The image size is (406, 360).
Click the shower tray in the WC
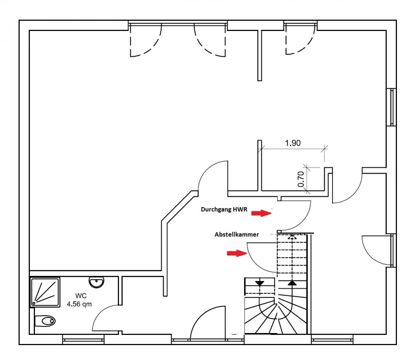[45, 291]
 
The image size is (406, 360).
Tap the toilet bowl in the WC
[46, 321]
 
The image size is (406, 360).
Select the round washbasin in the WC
[96, 282]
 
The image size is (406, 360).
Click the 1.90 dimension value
[293, 143]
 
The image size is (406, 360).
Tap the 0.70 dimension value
[301, 179]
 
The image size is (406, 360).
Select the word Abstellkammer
[237, 235]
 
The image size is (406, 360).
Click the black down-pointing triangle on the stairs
[260, 283]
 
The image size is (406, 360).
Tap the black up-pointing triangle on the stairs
[292, 282]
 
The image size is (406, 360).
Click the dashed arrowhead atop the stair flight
[292, 237]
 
